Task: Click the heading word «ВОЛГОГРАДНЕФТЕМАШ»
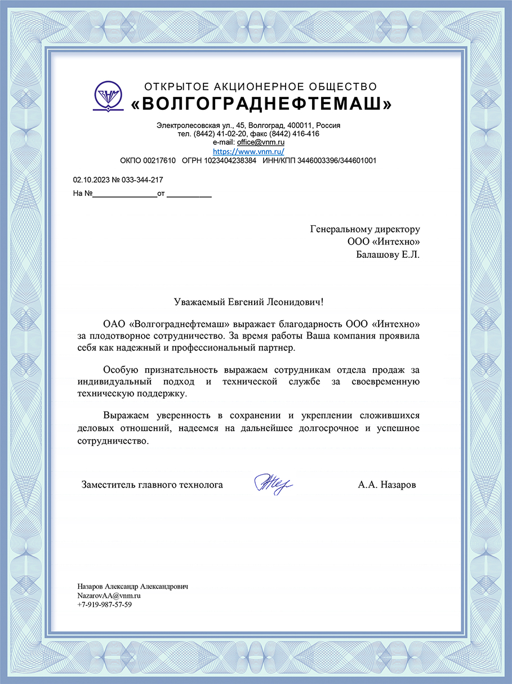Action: pyautogui.click(x=261, y=104)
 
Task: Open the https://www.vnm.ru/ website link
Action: pyautogui.click(x=248, y=151)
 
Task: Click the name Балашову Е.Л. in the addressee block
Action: pyautogui.click(x=388, y=254)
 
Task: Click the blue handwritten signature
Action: pyautogui.click(x=273, y=484)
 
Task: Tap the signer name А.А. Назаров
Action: pyautogui.click(x=387, y=484)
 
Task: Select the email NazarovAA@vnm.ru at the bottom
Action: pyautogui.click(x=109, y=595)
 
